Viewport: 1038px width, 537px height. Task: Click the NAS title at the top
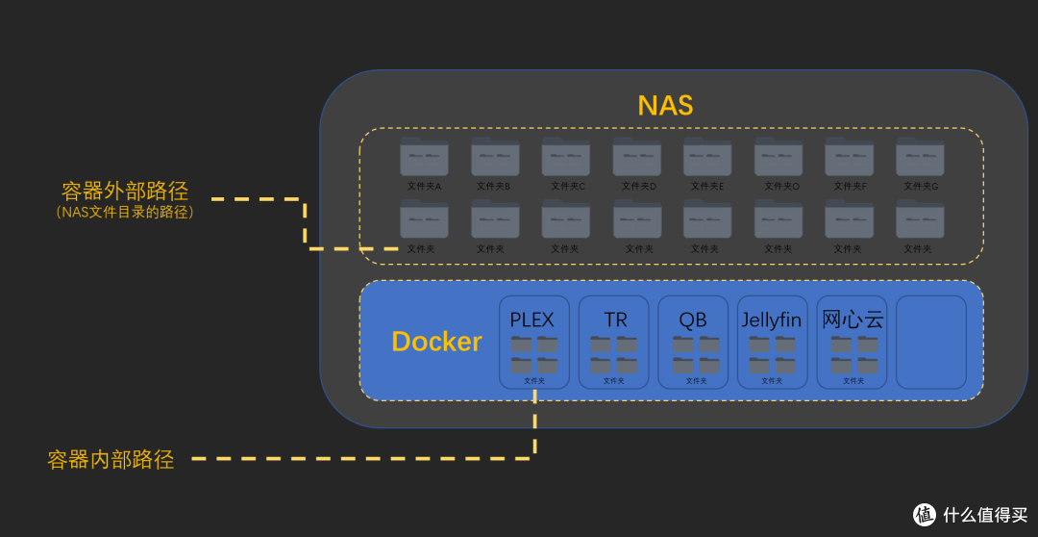pyautogui.click(x=665, y=105)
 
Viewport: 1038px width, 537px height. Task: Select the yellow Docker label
pyautogui.click(x=436, y=342)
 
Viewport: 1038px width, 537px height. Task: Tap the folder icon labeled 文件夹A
pyautogui.click(x=424, y=157)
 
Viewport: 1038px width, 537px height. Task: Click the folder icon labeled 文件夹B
pyautogui.click(x=495, y=157)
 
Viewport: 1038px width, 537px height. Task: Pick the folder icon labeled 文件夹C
pyautogui.click(x=566, y=157)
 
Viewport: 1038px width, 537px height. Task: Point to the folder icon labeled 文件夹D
pyautogui.click(x=637, y=157)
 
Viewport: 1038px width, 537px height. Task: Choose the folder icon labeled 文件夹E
pyautogui.click(x=707, y=157)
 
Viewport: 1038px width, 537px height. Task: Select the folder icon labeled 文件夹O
pyautogui.click(x=778, y=157)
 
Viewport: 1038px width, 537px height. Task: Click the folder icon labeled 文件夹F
pyautogui.click(x=850, y=157)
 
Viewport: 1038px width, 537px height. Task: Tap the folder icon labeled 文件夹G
pyautogui.click(x=920, y=157)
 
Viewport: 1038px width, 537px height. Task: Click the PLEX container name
pyautogui.click(x=532, y=320)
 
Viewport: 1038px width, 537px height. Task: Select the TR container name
pyautogui.click(x=615, y=320)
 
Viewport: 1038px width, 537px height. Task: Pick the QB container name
pyautogui.click(x=693, y=320)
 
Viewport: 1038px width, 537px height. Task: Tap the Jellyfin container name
pyautogui.click(x=772, y=320)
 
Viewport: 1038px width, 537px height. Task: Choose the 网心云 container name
pyautogui.click(x=853, y=320)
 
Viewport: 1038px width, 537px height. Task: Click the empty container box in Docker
pyautogui.click(x=930, y=342)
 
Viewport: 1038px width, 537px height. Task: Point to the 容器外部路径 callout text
pyautogui.click(x=125, y=190)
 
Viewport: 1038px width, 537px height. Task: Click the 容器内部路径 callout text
pyautogui.click(x=111, y=460)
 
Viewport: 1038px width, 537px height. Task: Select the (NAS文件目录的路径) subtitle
pyautogui.click(x=125, y=213)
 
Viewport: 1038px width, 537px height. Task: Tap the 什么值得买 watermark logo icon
pyautogui.click(x=924, y=514)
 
